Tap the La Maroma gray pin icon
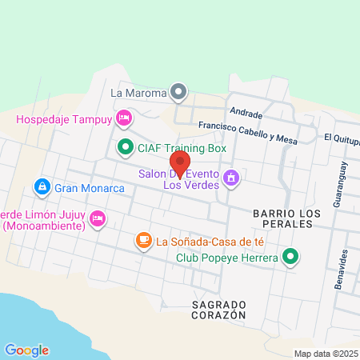(179, 93)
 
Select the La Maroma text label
(138, 93)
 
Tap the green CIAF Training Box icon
(125, 147)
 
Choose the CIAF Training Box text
(182, 148)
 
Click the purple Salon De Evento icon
(232, 177)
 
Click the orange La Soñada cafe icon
(143, 239)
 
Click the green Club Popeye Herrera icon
(291, 258)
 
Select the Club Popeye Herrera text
(227, 258)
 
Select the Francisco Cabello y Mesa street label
(247, 133)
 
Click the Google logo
(26, 350)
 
